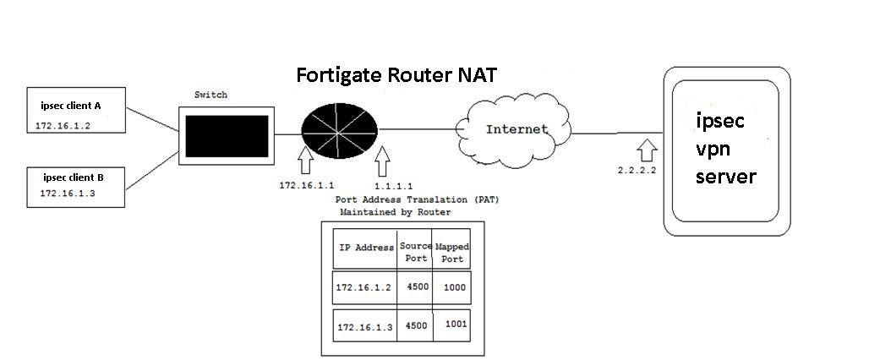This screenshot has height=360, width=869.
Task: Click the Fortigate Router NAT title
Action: click(x=396, y=75)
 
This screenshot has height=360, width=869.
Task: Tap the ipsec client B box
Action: click(x=76, y=185)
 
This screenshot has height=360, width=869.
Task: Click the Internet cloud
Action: click(x=517, y=130)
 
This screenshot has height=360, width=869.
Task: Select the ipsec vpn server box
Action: click(x=732, y=152)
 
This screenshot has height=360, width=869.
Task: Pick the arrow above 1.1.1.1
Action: click(x=385, y=159)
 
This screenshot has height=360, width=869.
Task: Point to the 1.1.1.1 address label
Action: click(x=393, y=184)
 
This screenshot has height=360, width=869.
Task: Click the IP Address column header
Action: click(x=366, y=248)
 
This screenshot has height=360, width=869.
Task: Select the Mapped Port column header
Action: click(x=451, y=252)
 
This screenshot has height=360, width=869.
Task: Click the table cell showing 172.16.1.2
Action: click(x=363, y=287)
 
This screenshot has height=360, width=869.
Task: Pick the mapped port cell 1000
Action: click(x=453, y=287)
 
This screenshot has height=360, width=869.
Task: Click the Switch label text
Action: click(x=210, y=95)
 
